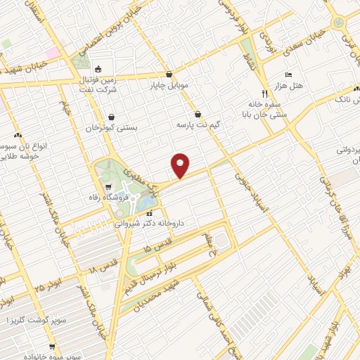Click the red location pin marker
coord(181,165)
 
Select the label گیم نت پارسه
coord(217,124)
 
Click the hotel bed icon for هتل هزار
coord(288,75)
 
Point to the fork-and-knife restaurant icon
coord(264,93)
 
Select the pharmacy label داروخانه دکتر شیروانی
coord(150,222)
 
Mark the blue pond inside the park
coord(148,203)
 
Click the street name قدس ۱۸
coord(98,267)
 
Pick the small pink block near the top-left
coord(53,53)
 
